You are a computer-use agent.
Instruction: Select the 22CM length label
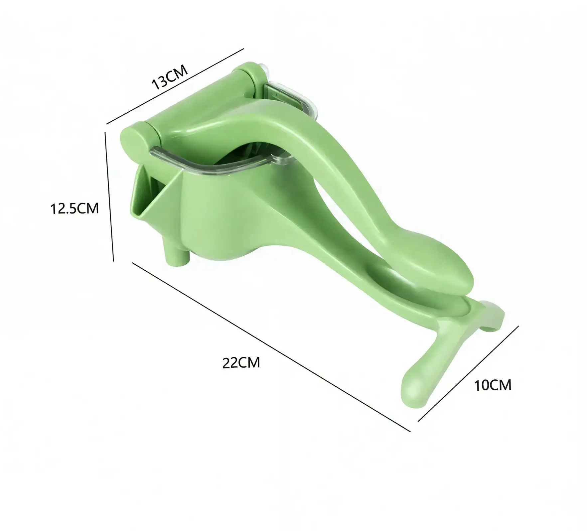[x=241, y=362]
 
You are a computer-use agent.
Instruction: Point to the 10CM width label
[x=493, y=385]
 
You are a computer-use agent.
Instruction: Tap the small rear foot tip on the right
[x=496, y=316]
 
